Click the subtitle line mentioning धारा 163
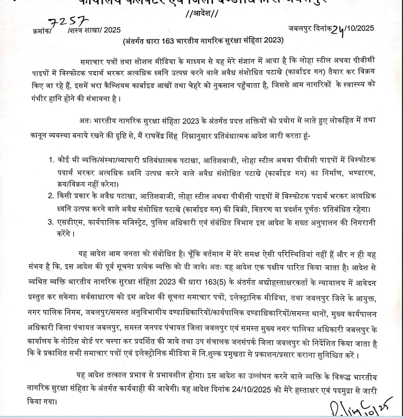click(202, 41)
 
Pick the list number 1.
click(51, 160)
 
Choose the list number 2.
click(51, 195)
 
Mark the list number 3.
click(51, 222)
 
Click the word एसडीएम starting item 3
click(69, 222)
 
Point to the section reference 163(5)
click(241, 282)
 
